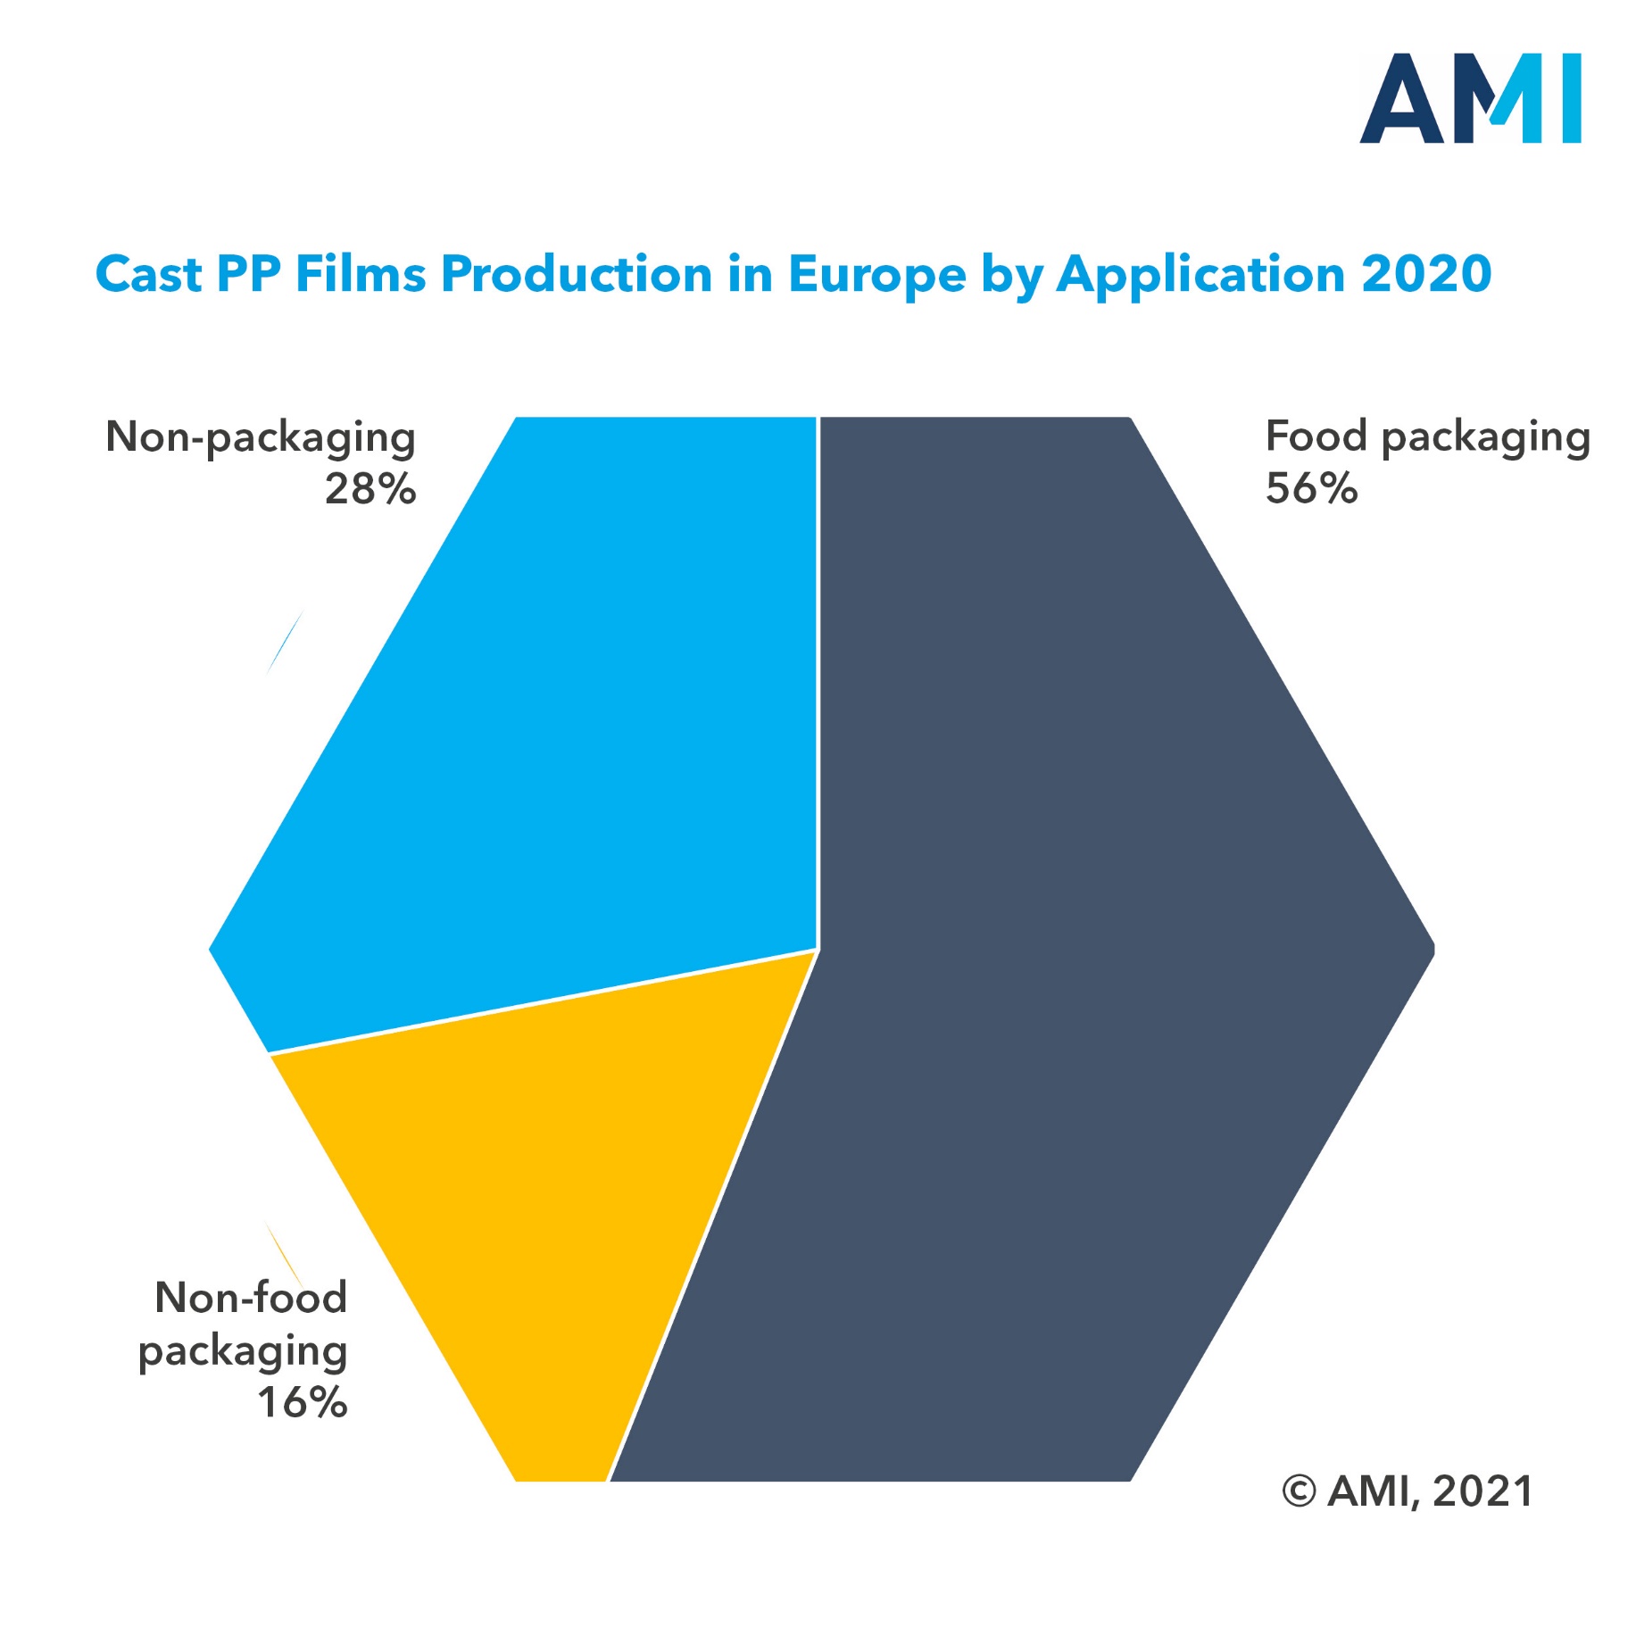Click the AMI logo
[x=1470, y=98]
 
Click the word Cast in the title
[x=148, y=274]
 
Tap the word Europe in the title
[x=876, y=274]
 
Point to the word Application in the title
[x=1200, y=274]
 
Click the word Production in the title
[x=576, y=274]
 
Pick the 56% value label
[x=1311, y=489]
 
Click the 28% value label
[x=370, y=489]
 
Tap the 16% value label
[x=303, y=1402]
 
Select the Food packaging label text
[x=1427, y=437]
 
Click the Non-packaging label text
[x=261, y=437]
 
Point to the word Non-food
[x=251, y=1298]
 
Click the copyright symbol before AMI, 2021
[x=1299, y=1491]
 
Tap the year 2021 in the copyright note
[x=1482, y=1491]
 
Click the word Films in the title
[x=361, y=274]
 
